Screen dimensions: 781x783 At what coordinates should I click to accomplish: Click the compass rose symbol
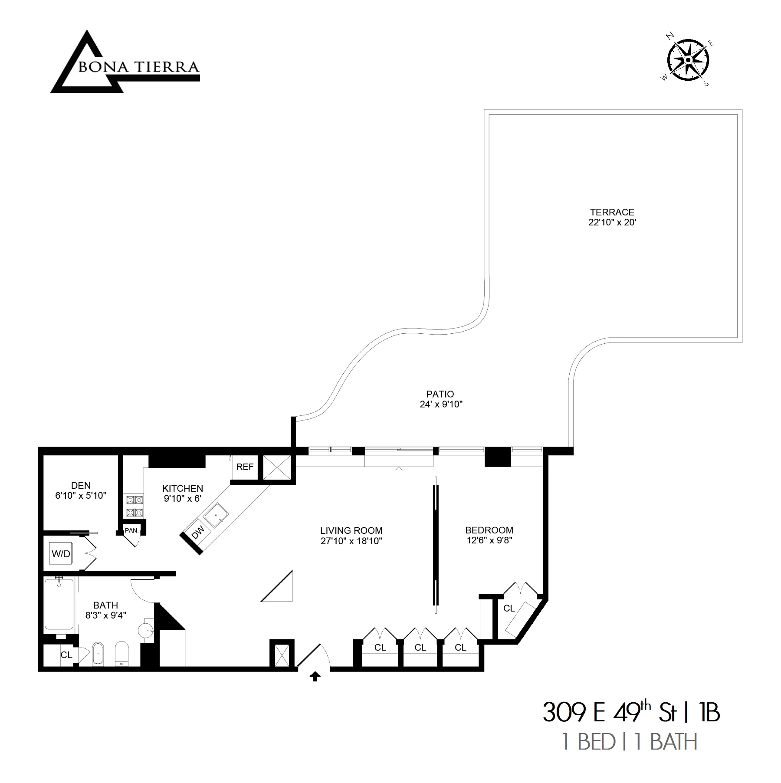pos(688,59)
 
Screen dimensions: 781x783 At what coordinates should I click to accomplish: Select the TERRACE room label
pos(612,212)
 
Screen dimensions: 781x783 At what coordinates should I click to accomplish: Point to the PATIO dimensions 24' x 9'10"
pos(440,405)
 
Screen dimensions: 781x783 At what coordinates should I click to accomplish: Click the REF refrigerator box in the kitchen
pos(245,467)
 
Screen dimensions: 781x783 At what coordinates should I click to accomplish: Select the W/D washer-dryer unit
pos(61,553)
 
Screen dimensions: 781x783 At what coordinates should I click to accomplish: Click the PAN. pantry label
pos(131,530)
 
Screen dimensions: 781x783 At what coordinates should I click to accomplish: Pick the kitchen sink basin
pos(217,516)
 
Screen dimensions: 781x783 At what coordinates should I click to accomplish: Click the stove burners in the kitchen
pos(135,506)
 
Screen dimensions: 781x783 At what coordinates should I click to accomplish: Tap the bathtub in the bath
pos(59,604)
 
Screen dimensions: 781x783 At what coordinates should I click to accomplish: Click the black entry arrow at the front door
pos(315,676)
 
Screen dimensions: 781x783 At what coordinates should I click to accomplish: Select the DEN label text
pos(81,485)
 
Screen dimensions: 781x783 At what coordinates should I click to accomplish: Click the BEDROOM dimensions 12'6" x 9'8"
pos(489,541)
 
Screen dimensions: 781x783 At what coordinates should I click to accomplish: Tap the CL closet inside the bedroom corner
pos(509,609)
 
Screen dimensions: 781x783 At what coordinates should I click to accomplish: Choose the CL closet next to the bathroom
pos(66,655)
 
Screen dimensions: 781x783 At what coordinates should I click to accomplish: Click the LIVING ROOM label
pos(351,530)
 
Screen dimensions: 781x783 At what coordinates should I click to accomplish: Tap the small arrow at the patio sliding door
pos(399,472)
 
